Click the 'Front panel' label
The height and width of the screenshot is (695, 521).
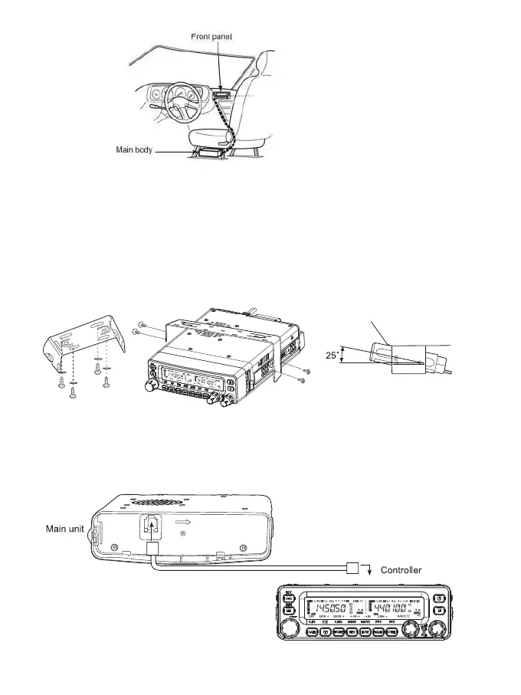pyautogui.click(x=211, y=36)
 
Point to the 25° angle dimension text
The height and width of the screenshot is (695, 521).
pyautogui.click(x=330, y=355)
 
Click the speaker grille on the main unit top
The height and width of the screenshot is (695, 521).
pyautogui.click(x=156, y=503)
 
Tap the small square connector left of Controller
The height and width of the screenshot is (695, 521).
pyautogui.click(x=353, y=568)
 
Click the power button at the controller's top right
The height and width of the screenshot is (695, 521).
pyautogui.click(x=440, y=597)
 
